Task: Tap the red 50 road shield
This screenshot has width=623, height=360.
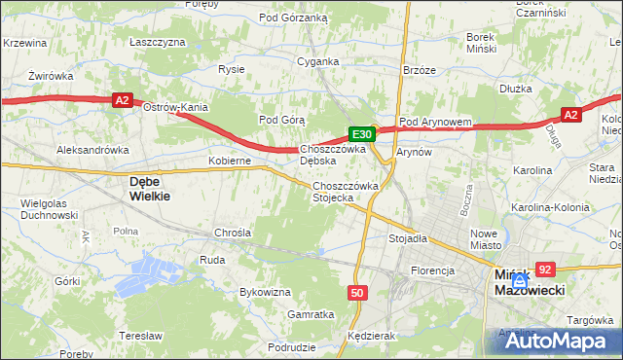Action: coord(357,292)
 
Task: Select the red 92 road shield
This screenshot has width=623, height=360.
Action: coord(545,270)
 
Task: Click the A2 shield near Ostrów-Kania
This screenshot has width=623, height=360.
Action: coord(122,99)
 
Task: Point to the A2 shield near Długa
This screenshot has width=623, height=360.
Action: coord(571,115)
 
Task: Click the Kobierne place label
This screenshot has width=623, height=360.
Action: coord(231,161)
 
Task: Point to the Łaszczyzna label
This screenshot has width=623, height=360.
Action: coord(157,43)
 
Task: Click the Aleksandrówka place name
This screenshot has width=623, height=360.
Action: coord(93,151)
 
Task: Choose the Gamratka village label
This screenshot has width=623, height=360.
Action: coord(311,314)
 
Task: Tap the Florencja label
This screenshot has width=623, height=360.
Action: coord(433,270)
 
